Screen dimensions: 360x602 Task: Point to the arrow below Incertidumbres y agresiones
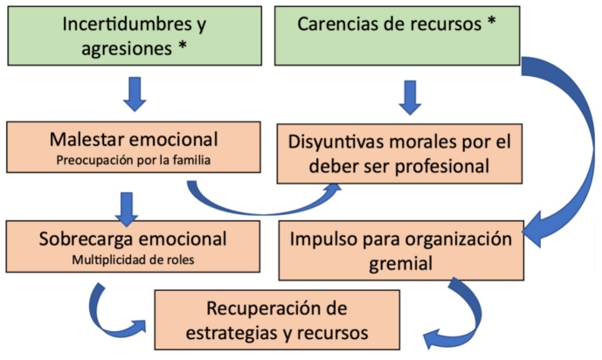coord(135,93)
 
